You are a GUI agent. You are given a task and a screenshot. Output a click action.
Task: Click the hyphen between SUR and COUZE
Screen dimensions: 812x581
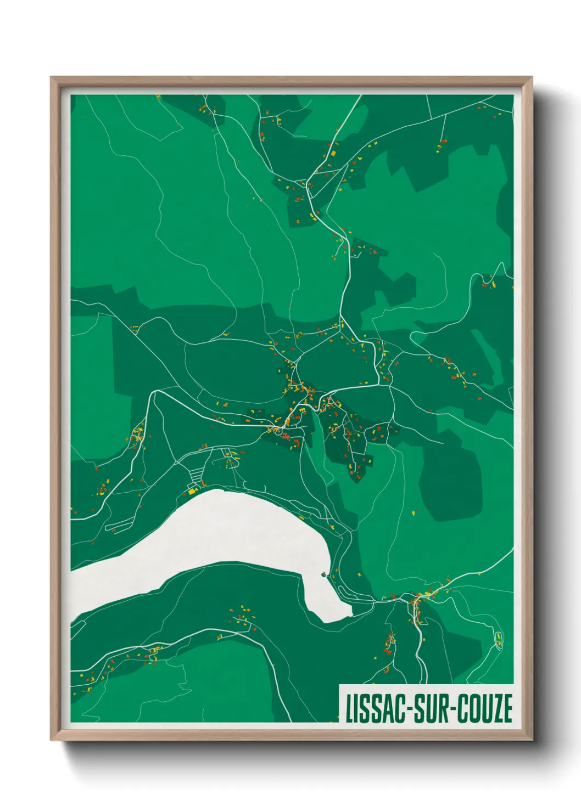449,709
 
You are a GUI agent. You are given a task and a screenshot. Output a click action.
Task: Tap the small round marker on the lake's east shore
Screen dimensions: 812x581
324,574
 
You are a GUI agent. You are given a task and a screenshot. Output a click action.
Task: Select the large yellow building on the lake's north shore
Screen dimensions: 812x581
192,492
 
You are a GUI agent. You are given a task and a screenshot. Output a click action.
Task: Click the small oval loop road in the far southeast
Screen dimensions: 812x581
499,639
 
